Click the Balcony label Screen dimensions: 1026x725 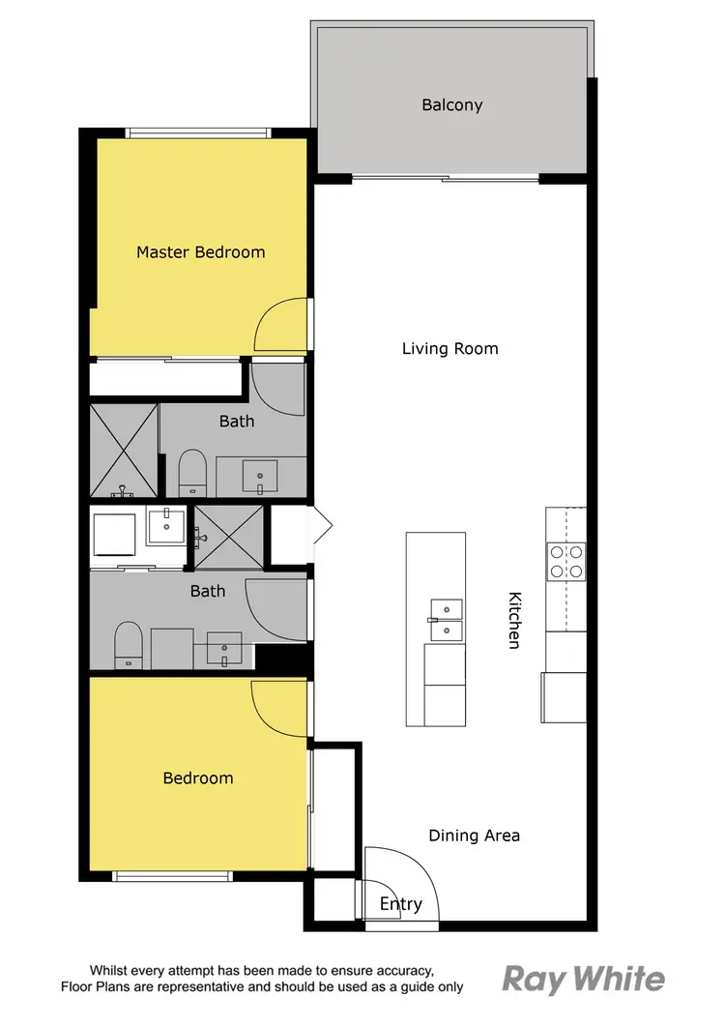[x=451, y=104]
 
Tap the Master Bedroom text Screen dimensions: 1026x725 [x=200, y=252]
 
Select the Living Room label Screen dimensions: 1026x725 [x=449, y=348]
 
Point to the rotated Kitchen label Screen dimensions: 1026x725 [x=514, y=620]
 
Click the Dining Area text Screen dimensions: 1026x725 [x=474, y=835]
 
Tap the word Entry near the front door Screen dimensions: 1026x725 [x=400, y=904]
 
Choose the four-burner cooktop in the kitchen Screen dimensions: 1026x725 [x=565, y=561]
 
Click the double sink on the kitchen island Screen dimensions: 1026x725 [x=446, y=620]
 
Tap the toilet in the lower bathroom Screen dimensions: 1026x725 [x=128, y=644]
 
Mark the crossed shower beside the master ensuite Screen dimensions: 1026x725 [x=124, y=450]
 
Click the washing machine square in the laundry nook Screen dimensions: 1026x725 [x=114, y=538]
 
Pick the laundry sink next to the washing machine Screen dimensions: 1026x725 [x=165, y=528]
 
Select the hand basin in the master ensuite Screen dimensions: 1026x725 [x=259, y=476]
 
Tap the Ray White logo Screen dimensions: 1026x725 [x=583, y=979]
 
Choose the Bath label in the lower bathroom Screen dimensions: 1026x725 [x=207, y=591]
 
